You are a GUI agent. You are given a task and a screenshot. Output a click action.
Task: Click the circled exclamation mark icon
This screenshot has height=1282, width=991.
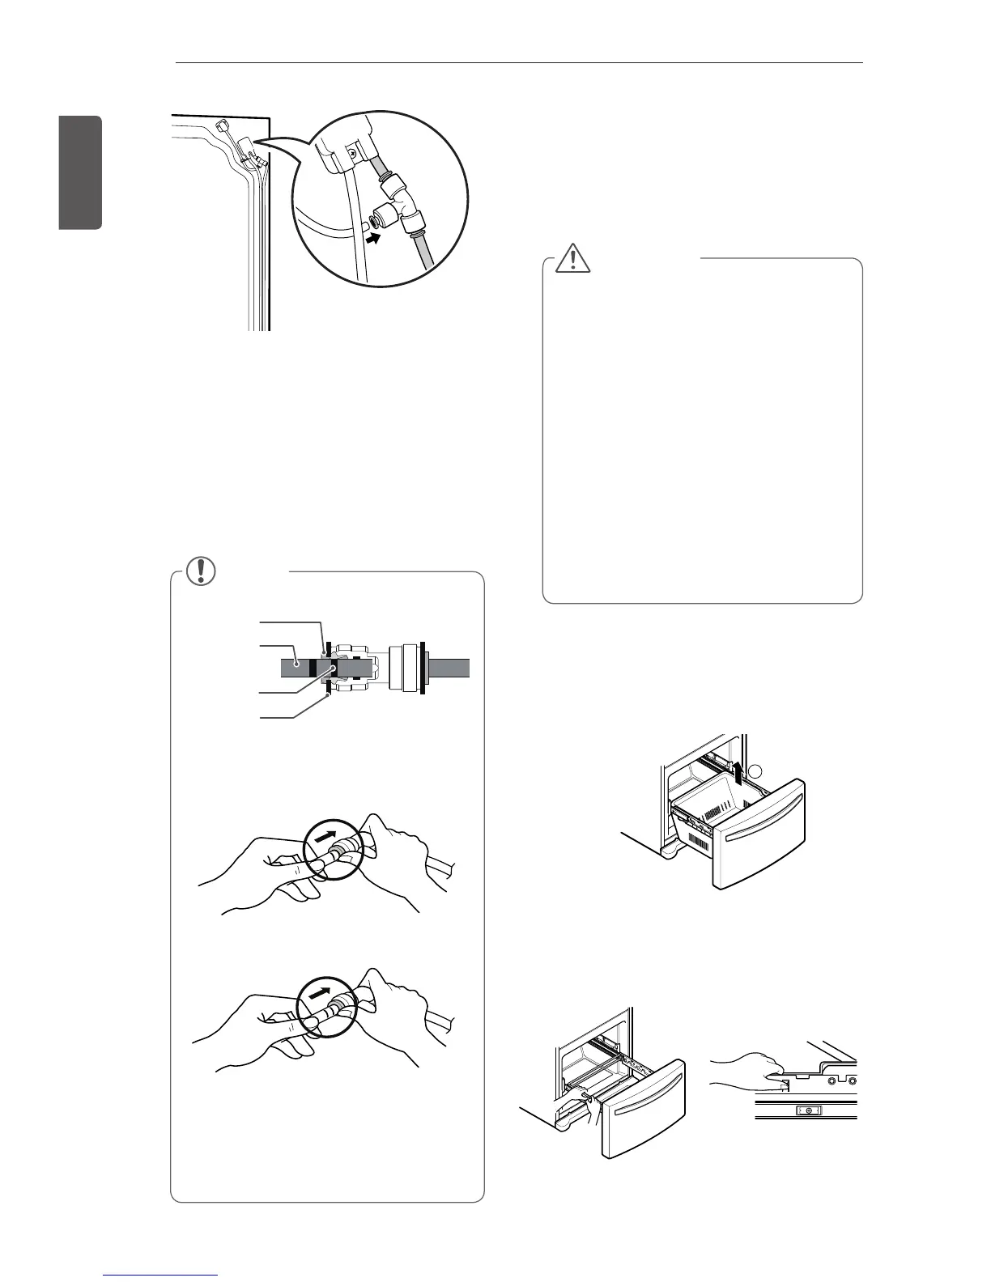(x=197, y=571)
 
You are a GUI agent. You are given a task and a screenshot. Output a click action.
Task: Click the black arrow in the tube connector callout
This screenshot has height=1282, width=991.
(x=370, y=240)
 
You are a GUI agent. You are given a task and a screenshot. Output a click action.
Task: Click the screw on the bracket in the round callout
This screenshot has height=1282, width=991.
(x=352, y=150)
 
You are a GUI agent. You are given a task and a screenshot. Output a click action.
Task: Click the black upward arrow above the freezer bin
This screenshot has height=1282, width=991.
(x=738, y=773)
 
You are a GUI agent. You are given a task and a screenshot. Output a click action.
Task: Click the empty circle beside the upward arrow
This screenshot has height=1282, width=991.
(x=755, y=770)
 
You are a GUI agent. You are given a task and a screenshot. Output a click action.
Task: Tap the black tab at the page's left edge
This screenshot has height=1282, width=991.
(x=80, y=172)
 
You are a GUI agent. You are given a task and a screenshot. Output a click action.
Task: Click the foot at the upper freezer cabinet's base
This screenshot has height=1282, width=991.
(x=668, y=853)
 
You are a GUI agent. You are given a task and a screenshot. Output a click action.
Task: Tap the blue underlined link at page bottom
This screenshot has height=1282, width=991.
(x=161, y=1276)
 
